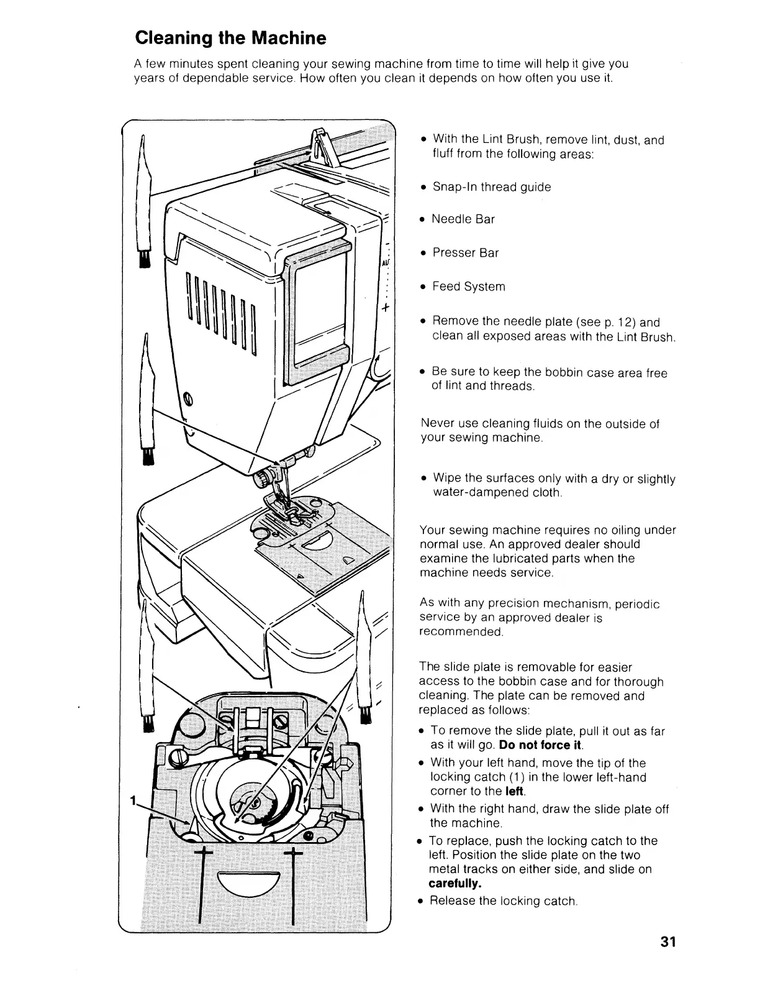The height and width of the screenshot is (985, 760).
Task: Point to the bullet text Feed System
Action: coord(469,286)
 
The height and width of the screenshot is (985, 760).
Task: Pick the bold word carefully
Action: coord(455,883)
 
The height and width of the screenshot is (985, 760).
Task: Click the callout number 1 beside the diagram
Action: coord(132,802)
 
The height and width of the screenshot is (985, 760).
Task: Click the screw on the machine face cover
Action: coord(188,398)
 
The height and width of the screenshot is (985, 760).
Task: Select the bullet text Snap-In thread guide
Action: coord(491,187)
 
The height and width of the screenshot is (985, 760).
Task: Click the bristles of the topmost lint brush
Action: coord(145,257)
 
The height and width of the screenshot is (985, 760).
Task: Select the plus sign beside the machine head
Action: coord(385,308)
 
